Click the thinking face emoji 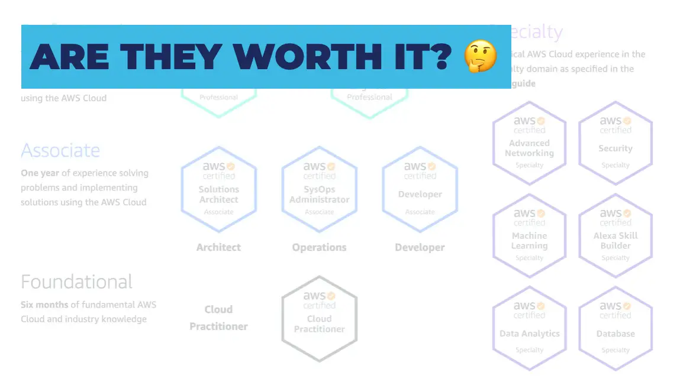(480, 56)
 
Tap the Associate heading (60, 150)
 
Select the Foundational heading (76, 281)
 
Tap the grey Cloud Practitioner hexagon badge (320, 319)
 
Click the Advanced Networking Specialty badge (529, 143)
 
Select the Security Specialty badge (615, 143)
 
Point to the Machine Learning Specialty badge (529, 235)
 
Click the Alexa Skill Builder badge (615, 235)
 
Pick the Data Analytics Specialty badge (529, 328)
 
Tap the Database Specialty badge (615, 328)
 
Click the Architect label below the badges (219, 247)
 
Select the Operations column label (319, 247)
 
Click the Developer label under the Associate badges (420, 247)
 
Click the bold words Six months (44, 305)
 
